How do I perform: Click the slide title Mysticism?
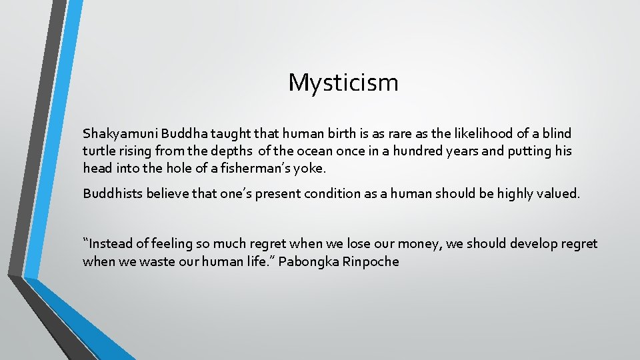click(x=343, y=83)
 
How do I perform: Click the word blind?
click(x=557, y=133)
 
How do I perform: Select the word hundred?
click(x=420, y=151)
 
